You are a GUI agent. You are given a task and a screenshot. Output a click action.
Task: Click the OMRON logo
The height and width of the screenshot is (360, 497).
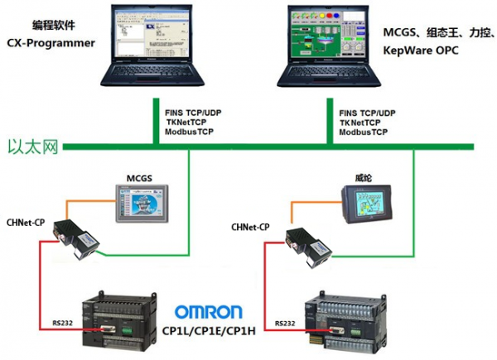208,312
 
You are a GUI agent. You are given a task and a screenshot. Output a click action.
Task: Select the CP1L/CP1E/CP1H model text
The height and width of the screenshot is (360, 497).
209,331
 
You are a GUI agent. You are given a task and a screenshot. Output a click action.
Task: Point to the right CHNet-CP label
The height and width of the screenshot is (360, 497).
250,226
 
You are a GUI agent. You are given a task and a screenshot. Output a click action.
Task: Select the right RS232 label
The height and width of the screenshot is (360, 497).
284,323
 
